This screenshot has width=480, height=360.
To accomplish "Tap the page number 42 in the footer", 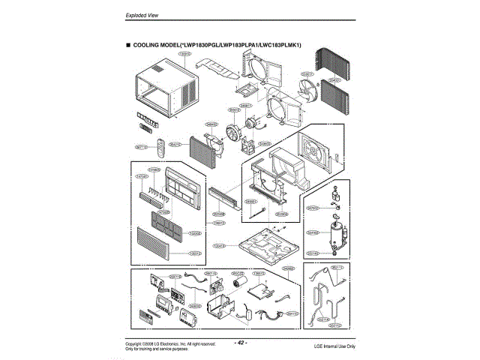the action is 240,343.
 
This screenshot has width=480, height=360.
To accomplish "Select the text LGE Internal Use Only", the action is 334,346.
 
